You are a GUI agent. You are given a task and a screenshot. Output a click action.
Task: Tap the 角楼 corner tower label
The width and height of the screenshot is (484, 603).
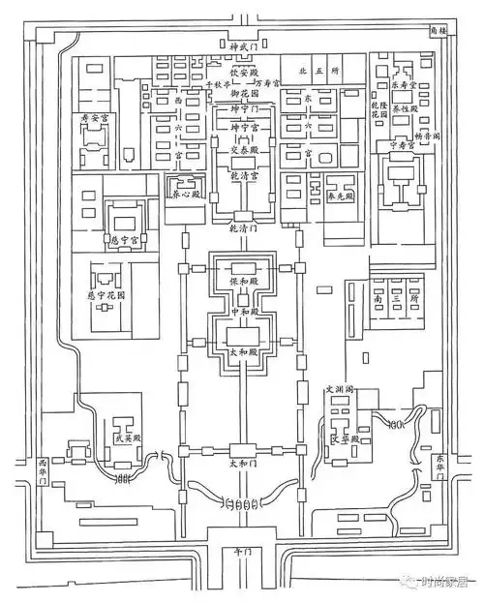pos(440,30)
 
